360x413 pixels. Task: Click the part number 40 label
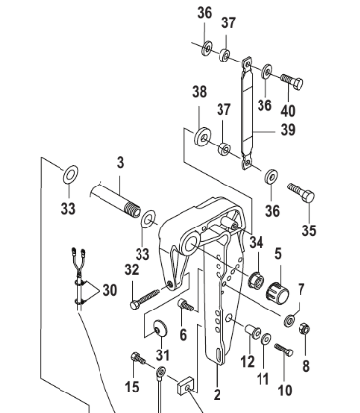click(x=288, y=110)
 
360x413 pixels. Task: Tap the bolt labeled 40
click(x=292, y=81)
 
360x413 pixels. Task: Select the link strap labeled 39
click(x=247, y=113)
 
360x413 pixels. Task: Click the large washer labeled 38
click(x=203, y=137)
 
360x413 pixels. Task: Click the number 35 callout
click(x=309, y=230)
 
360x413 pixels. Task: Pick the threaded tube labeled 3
click(x=115, y=200)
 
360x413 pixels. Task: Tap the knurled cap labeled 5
click(x=277, y=292)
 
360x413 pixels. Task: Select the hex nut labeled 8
click(x=304, y=329)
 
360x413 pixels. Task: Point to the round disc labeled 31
click(x=160, y=328)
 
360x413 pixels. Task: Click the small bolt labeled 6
click(x=185, y=305)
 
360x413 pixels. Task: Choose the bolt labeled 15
click(x=139, y=358)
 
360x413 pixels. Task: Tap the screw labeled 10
click(x=284, y=350)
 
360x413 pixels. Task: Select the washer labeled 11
click(x=266, y=339)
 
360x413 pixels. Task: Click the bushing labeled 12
click(x=253, y=331)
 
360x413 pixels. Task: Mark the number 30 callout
click(x=110, y=290)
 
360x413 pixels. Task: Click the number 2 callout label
click(x=217, y=394)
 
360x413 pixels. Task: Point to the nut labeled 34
click(x=257, y=280)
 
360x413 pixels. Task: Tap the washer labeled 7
click(x=289, y=321)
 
